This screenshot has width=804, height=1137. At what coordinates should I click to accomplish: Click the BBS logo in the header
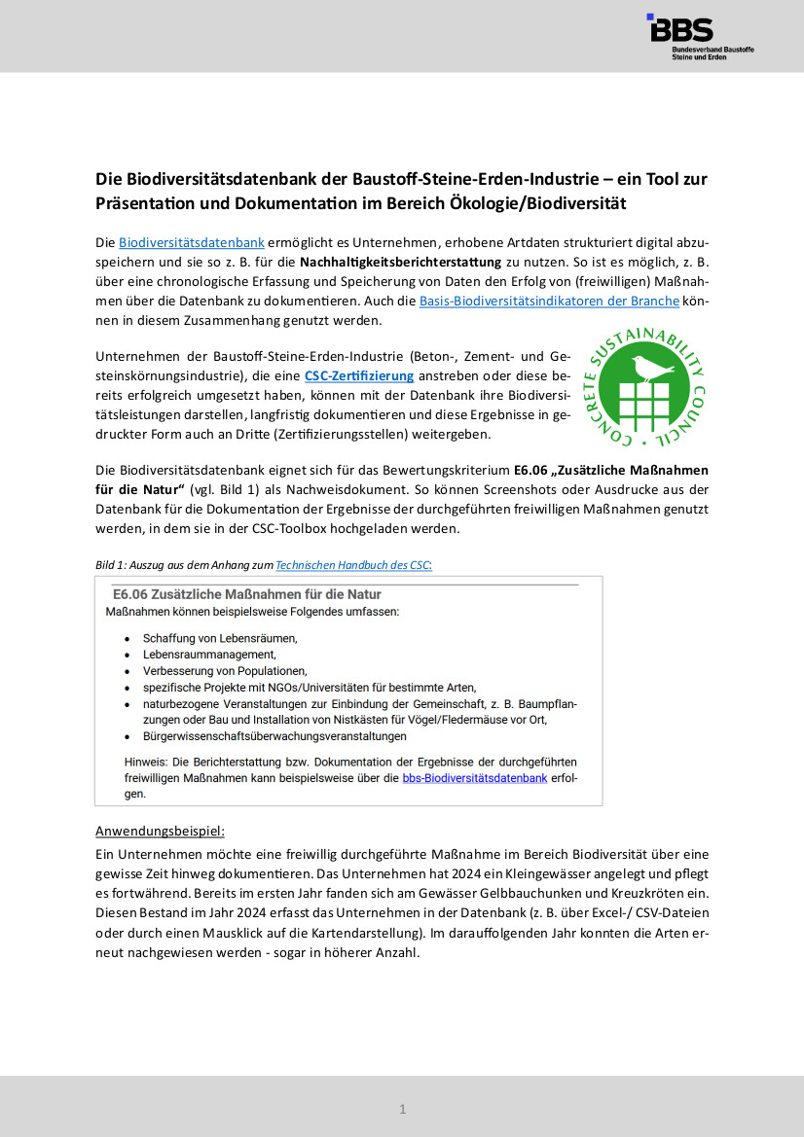pyautogui.click(x=700, y=37)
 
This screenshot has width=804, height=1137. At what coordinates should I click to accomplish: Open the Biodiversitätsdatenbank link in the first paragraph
pyautogui.click(x=192, y=241)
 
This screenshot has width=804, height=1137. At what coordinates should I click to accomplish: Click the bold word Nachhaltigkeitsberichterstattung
pyautogui.click(x=402, y=262)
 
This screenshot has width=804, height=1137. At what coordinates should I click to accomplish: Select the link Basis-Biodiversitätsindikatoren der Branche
pyautogui.click(x=549, y=302)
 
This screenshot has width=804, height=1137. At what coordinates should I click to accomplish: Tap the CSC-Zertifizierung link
pyautogui.click(x=359, y=375)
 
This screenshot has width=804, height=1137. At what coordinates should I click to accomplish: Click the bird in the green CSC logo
pyautogui.click(x=651, y=369)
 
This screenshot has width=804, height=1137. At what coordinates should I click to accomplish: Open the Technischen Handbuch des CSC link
pyautogui.click(x=353, y=564)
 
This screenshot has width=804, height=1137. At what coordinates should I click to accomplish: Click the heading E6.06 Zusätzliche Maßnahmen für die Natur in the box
pyautogui.click(x=247, y=594)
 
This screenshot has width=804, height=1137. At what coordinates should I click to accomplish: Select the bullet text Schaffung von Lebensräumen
pyautogui.click(x=219, y=638)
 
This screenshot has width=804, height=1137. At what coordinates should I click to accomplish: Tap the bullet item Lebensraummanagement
pyautogui.click(x=209, y=655)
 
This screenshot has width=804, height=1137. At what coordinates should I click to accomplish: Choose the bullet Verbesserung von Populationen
pyautogui.click(x=224, y=671)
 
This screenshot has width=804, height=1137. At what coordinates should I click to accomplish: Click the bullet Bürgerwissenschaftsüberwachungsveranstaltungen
pyautogui.click(x=274, y=736)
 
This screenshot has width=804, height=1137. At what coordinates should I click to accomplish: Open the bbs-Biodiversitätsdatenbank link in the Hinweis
pyautogui.click(x=474, y=778)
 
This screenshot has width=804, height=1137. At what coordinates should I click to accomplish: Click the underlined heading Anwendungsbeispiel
pyautogui.click(x=160, y=832)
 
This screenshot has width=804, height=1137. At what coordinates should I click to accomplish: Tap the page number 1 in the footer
pyautogui.click(x=402, y=1109)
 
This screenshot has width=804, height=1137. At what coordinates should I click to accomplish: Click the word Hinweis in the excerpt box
pyautogui.click(x=147, y=762)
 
